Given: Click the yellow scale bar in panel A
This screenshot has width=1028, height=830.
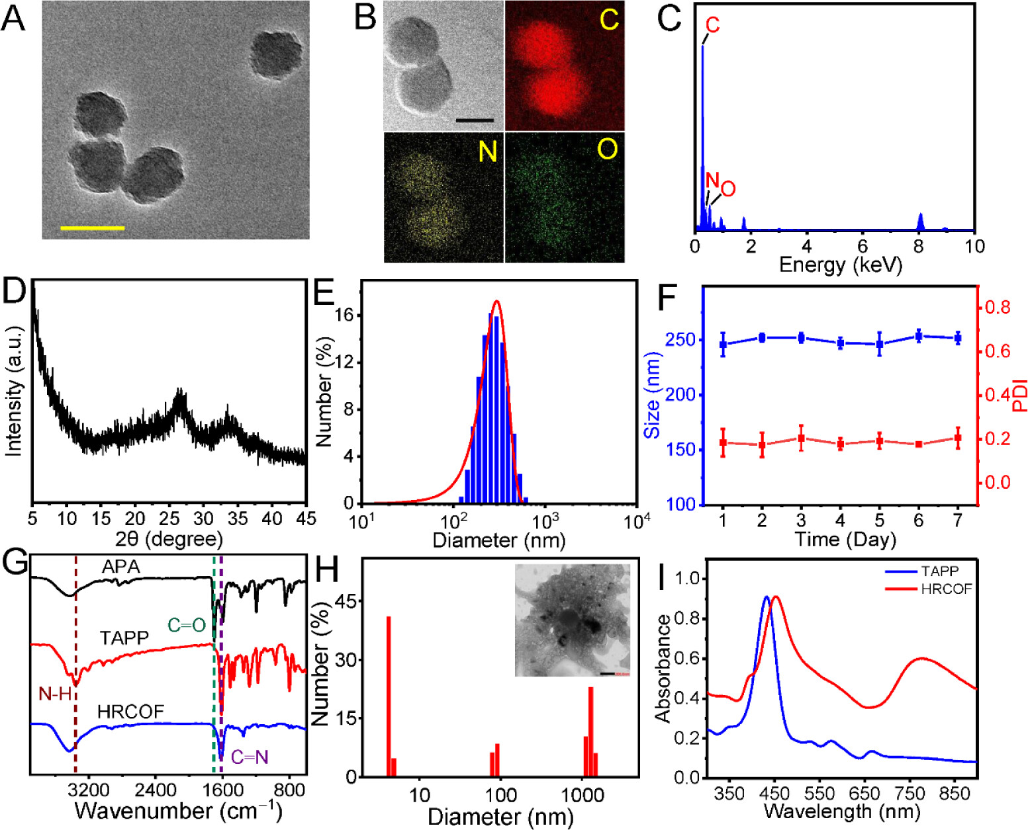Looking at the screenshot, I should click(92, 228).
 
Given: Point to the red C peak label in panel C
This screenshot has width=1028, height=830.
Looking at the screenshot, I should click(712, 26).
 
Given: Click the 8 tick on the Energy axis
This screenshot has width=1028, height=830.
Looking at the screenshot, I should click(919, 246).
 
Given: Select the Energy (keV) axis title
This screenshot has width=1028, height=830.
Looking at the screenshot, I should click(840, 265).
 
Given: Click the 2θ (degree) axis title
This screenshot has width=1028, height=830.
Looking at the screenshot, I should click(169, 539).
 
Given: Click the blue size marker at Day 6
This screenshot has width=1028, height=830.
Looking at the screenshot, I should click(919, 336).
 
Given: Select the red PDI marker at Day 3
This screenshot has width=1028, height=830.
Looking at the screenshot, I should click(801, 438).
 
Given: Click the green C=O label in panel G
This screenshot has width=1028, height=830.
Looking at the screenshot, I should click(187, 624).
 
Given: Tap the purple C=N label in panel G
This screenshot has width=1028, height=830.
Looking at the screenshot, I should click(250, 757).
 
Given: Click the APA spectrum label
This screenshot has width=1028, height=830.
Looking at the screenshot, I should click(121, 567).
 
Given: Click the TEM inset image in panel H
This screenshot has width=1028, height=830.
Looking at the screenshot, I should click(573, 620).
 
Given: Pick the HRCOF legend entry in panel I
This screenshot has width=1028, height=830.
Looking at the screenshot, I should click(946, 589).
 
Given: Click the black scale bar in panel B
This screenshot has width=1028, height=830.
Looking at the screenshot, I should click(475, 120).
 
